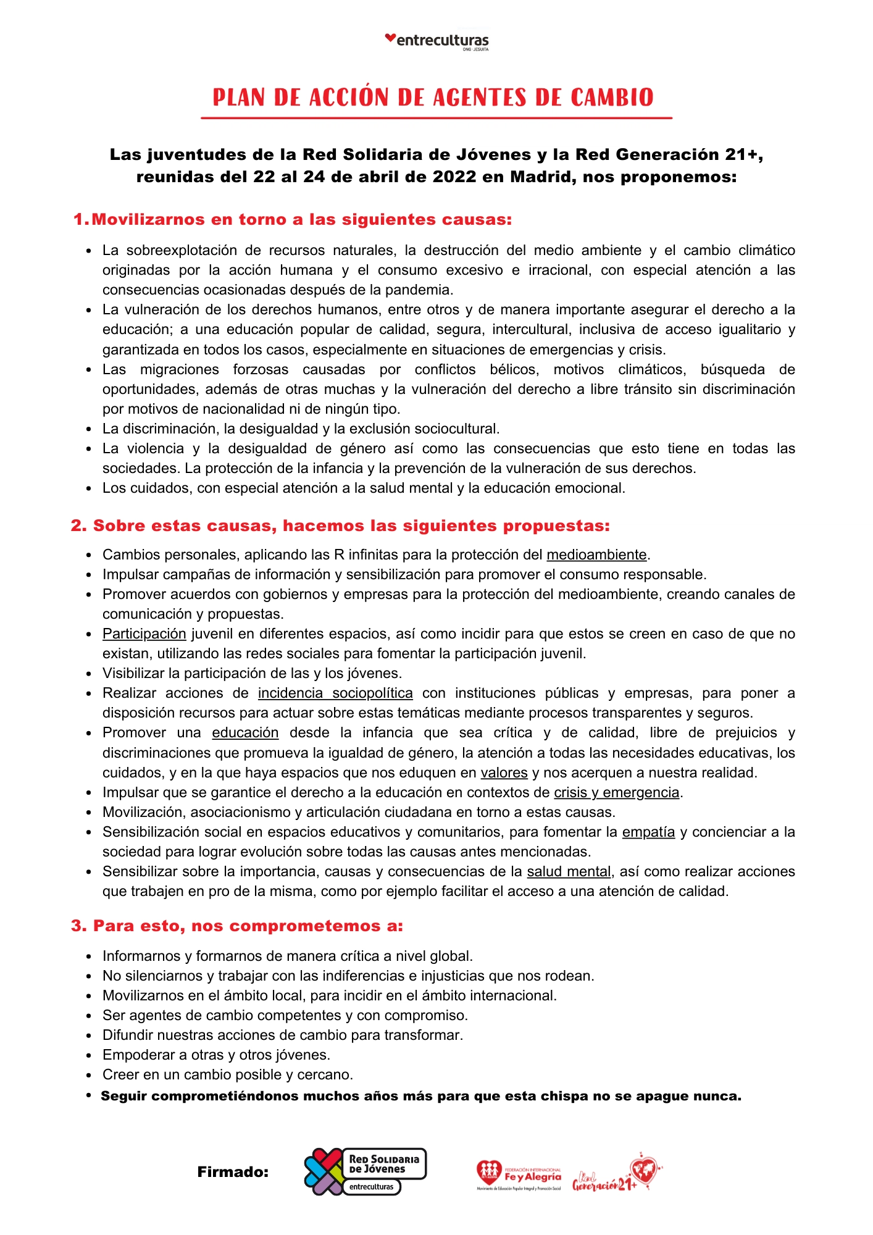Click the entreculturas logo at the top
436,41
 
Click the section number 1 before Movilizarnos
78,220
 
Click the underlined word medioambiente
596,555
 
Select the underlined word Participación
144,634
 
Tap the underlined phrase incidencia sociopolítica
335,693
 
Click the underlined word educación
245,732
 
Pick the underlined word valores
504,772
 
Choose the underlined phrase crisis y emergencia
616,792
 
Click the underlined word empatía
648,832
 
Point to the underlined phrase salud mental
569,871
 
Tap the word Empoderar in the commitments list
134,1055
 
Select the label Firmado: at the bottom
233,1172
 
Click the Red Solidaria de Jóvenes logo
365,1171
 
